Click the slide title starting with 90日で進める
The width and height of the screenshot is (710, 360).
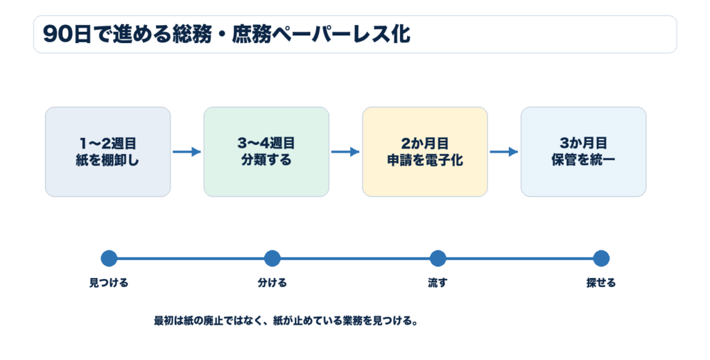pos(227,35)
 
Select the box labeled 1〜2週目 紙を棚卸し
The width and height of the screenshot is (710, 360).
pos(107,152)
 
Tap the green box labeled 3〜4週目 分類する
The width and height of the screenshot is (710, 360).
pos(266,152)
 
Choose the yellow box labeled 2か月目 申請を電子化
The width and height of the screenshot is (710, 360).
pos(425,152)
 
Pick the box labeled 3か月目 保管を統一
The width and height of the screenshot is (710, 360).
pos(583,152)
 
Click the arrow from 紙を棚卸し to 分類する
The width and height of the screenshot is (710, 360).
pos(187,152)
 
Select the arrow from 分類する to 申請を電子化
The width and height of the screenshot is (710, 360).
pos(345,152)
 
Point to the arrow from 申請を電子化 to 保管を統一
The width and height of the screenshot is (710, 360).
pos(503,152)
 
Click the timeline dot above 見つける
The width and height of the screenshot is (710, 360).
pos(109,259)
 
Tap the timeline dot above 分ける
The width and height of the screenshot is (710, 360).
pos(272,259)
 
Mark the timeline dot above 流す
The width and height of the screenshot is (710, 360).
pos(438,259)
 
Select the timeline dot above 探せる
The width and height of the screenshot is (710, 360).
pos(601,259)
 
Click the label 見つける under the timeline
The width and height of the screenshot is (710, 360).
pos(109,283)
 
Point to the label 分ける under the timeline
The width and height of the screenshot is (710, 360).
pos(272,283)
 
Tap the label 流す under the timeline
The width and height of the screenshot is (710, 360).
pos(438,283)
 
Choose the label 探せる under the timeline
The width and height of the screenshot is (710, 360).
pos(601,283)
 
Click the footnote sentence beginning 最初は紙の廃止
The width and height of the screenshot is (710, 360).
pos(286,321)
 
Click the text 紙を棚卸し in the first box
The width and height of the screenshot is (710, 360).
pos(107,160)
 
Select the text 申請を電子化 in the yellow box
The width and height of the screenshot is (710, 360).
pos(425,160)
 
